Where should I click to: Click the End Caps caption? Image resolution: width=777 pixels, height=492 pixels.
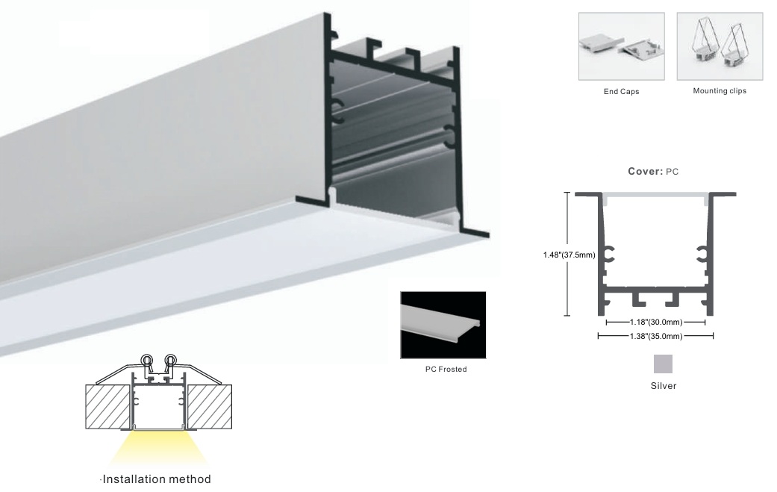tap(621, 92)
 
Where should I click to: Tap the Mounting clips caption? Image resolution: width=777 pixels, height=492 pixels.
tap(720, 90)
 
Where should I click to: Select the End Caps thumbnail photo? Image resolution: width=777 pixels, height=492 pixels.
tap(622, 46)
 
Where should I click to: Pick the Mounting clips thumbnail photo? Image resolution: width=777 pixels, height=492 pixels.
tap(720, 46)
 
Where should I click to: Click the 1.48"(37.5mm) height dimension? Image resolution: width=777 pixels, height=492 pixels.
tap(569, 255)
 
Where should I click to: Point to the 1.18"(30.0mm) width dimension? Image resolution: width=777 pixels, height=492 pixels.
tap(655, 323)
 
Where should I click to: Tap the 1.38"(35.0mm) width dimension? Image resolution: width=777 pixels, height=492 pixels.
tap(655, 337)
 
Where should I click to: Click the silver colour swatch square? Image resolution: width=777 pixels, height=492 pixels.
tap(663, 364)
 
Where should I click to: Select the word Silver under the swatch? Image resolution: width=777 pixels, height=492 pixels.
tap(663, 385)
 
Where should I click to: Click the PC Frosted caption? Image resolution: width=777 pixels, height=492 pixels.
tap(446, 369)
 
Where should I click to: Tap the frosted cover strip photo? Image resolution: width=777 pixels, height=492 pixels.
tap(443, 325)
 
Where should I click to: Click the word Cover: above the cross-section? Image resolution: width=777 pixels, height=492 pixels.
tap(645, 172)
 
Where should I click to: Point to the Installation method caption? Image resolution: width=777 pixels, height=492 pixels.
tap(157, 479)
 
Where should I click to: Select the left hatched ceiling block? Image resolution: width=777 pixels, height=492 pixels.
tap(108, 407)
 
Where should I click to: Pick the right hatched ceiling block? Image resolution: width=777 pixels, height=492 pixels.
tap(209, 407)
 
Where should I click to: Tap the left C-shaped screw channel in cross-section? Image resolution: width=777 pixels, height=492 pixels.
tap(608, 254)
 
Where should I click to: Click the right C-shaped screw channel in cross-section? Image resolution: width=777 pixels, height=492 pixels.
tap(702, 254)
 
